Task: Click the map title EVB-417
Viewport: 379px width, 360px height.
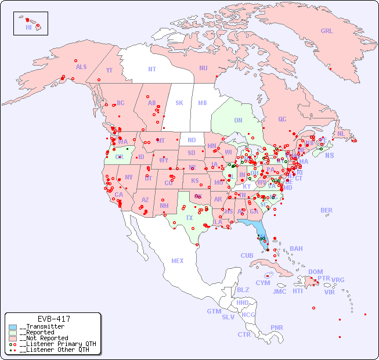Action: point(53,319)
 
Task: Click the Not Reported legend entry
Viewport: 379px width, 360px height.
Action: point(44,338)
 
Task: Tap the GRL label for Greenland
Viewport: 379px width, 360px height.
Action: point(327,31)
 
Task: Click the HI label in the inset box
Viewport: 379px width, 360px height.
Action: point(28,27)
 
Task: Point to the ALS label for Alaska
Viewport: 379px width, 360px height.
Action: point(81,67)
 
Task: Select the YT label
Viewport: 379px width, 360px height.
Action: point(109,70)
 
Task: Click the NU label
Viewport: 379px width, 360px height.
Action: point(203,68)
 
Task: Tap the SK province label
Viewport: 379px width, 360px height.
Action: point(179,103)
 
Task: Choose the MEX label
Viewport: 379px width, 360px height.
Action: point(178,261)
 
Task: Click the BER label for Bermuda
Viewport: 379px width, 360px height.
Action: point(327,210)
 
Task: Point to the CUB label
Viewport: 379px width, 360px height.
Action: point(247,255)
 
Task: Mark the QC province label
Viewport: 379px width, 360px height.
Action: point(282,120)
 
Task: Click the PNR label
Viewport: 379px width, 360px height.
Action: point(277,327)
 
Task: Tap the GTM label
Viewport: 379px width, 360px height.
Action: point(214,311)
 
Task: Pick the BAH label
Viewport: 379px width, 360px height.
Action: point(296,249)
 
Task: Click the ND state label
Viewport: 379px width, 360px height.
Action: point(192,140)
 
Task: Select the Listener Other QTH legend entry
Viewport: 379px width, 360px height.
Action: point(53,350)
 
